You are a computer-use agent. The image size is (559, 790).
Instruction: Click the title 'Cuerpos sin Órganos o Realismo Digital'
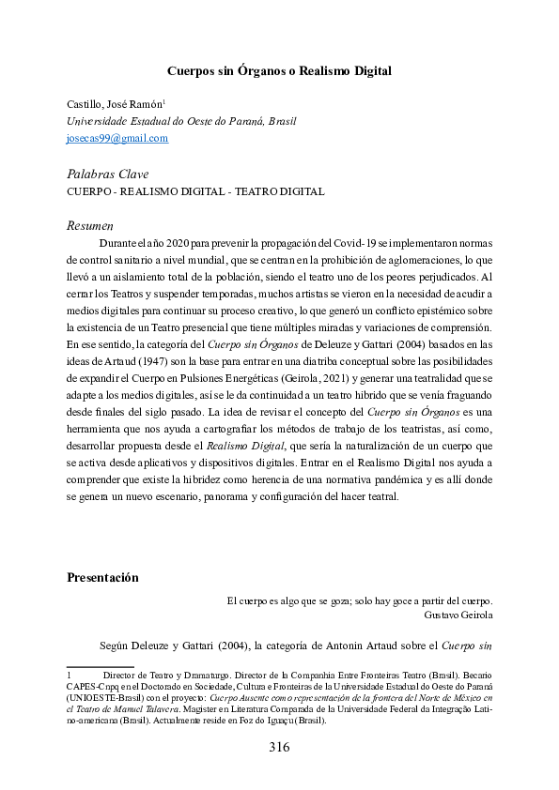point(279,70)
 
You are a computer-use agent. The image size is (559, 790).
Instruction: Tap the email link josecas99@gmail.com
point(117,138)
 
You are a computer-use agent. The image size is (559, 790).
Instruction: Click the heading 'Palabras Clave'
point(107,175)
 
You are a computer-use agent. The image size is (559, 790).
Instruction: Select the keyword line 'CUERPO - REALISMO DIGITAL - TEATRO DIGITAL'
point(195,191)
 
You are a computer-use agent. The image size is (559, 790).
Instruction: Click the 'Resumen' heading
point(90,226)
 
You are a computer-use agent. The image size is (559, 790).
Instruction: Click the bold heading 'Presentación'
point(102,577)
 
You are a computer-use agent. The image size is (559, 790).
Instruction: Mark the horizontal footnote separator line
point(101,667)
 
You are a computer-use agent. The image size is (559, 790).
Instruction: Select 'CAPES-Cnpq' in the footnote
point(91,687)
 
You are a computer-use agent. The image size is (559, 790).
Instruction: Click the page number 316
point(279,748)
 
